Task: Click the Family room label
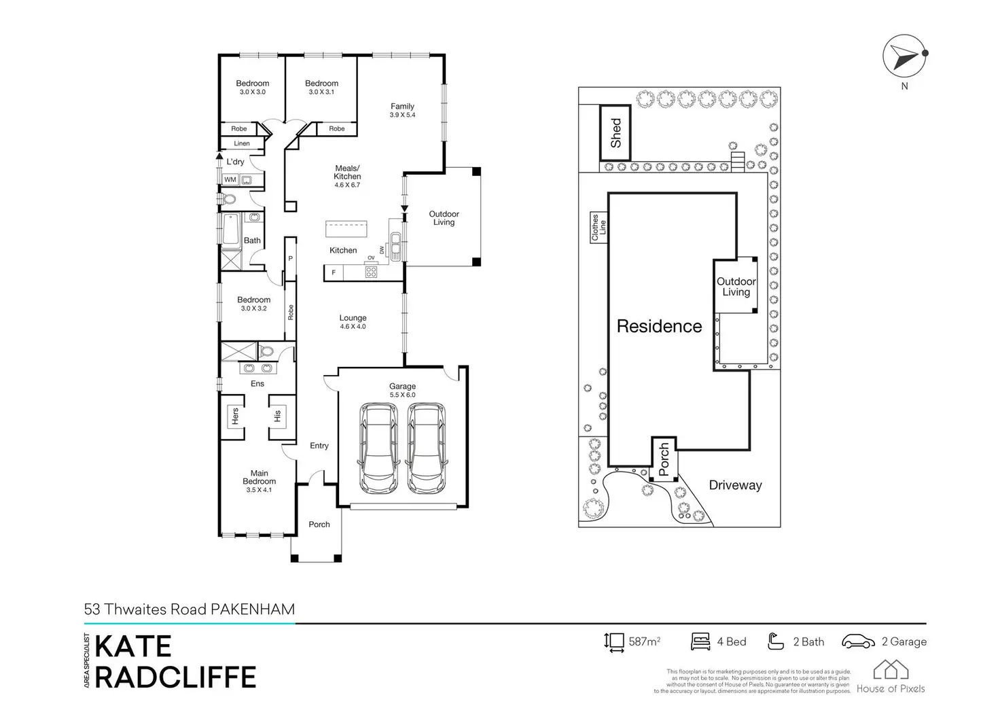402,107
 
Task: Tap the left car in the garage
378,448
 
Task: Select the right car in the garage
426,448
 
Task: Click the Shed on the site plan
615,133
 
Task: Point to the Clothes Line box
599,228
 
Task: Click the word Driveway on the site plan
735,485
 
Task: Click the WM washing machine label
230,180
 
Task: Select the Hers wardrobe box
235,416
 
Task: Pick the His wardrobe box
277,415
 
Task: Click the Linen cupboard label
242,143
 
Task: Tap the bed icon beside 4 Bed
700,641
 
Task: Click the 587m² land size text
645,641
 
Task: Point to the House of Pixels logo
891,677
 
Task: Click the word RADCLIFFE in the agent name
175,677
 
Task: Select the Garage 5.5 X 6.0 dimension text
402,395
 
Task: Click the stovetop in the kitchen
372,272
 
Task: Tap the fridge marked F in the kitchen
334,272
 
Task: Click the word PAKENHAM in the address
253,609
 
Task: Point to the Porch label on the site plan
664,459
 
